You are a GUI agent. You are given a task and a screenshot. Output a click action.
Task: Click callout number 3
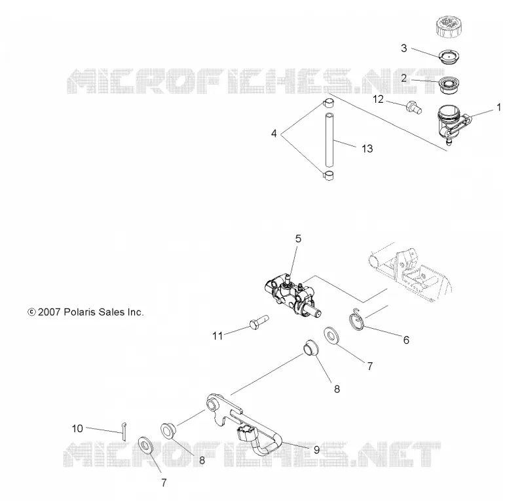point(404,48)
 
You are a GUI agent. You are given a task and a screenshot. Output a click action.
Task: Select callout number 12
point(379,100)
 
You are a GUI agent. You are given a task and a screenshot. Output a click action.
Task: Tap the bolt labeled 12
point(414,107)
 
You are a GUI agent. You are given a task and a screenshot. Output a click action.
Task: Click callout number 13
point(367,149)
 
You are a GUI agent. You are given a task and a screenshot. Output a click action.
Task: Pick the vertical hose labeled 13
point(330,139)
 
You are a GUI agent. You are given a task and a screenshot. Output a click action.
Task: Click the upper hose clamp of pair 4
point(328,103)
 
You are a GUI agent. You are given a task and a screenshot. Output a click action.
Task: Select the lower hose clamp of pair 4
point(328,175)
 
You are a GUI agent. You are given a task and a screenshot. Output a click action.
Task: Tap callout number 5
point(298,238)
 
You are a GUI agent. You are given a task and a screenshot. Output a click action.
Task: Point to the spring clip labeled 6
point(356,319)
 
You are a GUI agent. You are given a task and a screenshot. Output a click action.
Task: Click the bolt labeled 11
point(259,322)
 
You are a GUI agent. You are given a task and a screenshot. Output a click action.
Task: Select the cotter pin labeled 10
point(124,432)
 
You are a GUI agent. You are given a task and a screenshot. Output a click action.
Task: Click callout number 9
point(316,450)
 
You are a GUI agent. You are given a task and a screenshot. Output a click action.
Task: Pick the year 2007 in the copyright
point(49,312)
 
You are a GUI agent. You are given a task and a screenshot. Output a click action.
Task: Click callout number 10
point(77,428)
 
